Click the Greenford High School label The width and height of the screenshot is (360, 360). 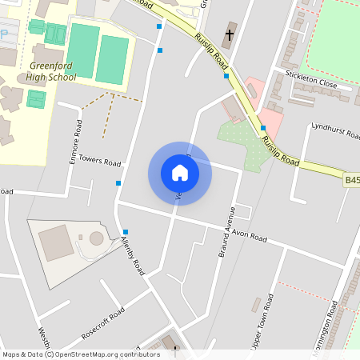pyautogui.click(x=53, y=71)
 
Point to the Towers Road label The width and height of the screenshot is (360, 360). pyautogui.click(x=98, y=160)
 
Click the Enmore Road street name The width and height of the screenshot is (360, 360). pyautogui.click(x=76, y=141)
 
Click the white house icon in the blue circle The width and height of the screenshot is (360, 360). pyautogui.click(x=179, y=172)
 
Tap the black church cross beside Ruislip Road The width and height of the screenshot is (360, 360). pyautogui.click(x=230, y=35)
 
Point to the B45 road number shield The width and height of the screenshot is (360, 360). pyautogui.click(x=352, y=181)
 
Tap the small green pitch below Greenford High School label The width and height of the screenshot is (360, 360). pyautogui.click(x=36, y=98)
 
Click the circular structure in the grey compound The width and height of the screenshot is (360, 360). pyautogui.click(x=97, y=238)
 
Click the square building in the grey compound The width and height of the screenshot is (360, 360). pyautogui.click(x=55, y=242)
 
